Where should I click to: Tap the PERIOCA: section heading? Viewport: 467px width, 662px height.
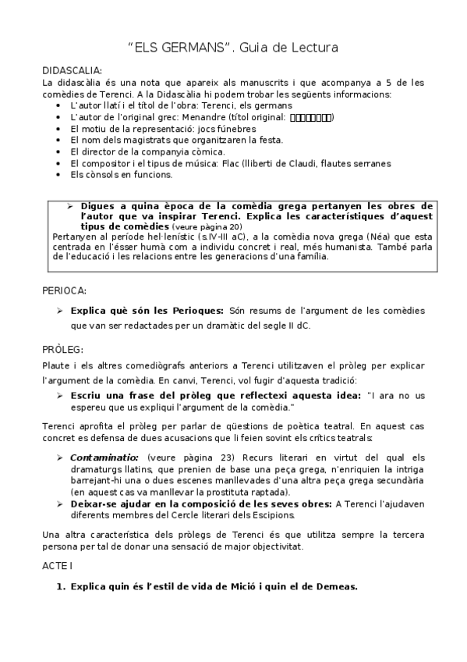(64, 290)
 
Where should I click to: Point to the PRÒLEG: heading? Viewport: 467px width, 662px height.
(62, 348)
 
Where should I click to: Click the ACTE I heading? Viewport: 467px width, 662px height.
(57, 564)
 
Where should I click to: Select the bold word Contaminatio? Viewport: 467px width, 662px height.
(104, 457)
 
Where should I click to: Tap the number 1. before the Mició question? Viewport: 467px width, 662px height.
(58, 586)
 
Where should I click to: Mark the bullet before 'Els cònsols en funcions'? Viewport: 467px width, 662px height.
(62, 175)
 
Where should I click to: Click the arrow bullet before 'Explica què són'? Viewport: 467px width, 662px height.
(60, 311)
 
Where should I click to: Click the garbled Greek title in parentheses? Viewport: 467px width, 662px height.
(311, 117)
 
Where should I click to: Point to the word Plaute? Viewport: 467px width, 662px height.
(57, 365)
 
